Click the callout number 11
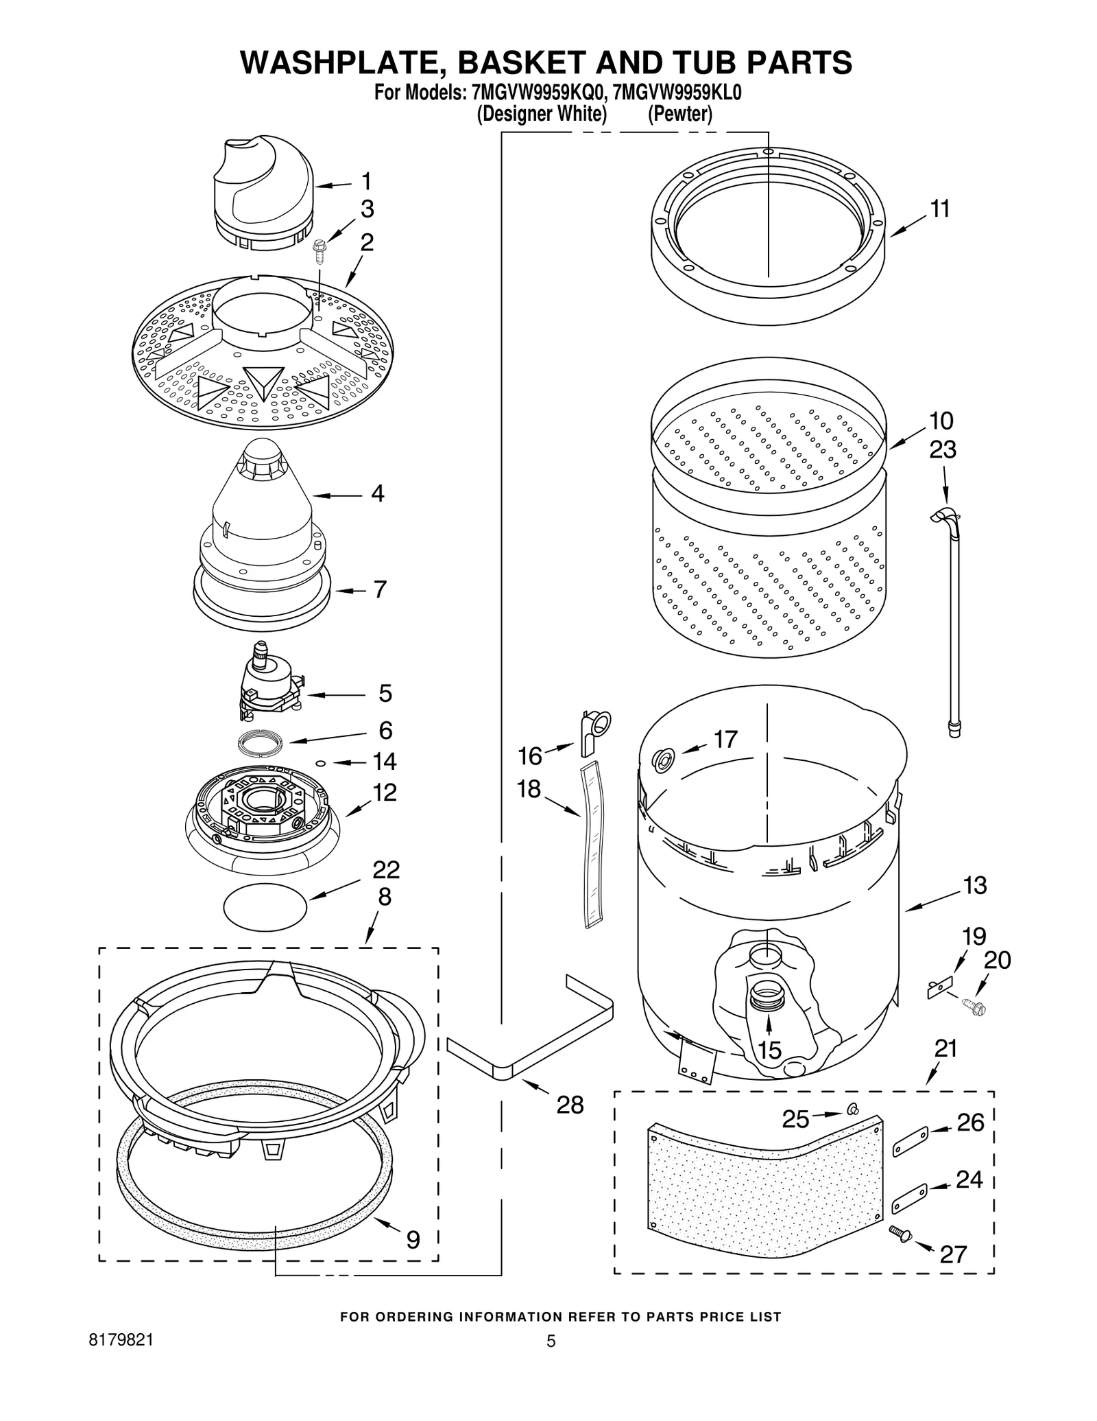tap(940, 209)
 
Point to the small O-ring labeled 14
tap(320, 762)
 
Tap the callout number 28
tap(570, 1105)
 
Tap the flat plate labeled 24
tap(910, 1198)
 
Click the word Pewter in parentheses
tap(680, 114)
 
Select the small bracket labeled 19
tap(939, 989)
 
